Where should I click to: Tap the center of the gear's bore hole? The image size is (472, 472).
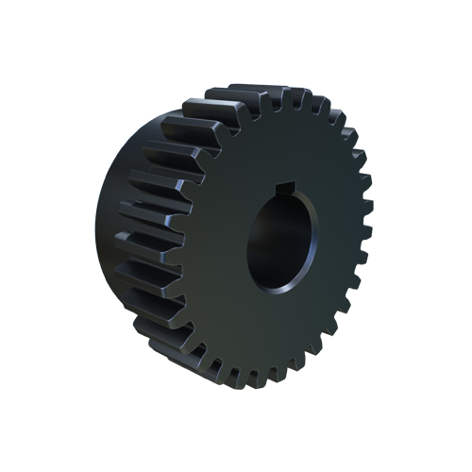click(x=281, y=241)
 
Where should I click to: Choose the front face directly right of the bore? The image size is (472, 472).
click(x=335, y=241)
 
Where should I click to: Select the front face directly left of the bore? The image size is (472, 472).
click(x=222, y=241)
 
